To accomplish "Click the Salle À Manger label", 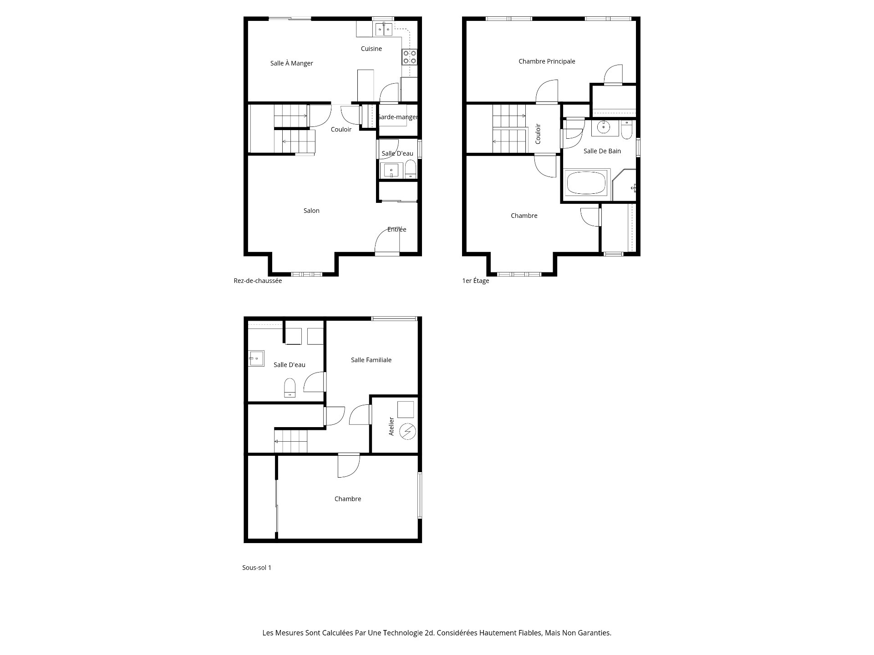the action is pyautogui.click(x=291, y=63).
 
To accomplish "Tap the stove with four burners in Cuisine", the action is pyautogui.click(x=409, y=57).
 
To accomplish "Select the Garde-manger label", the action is pyautogui.click(x=397, y=117).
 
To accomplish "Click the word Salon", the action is pyautogui.click(x=311, y=211).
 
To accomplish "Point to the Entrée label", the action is pyautogui.click(x=396, y=229).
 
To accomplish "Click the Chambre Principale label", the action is pyautogui.click(x=547, y=61).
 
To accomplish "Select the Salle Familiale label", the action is pyautogui.click(x=371, y=360).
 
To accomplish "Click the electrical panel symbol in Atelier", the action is pyautogui.click(x=407, y=431).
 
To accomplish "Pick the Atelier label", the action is pyautogui.click(x=391, y=426).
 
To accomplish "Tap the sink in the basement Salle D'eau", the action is pyautogui.click(x=256, y=358).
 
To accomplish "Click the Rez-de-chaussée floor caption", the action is pyautogui.click(x=258, y=281).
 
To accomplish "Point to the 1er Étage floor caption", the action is pyautogui.click(x=475, y=281).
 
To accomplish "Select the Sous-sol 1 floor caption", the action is pyautogui.click(x=257, y=568).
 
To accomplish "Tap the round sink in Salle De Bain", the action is pyautogui.click(x=605, y=128).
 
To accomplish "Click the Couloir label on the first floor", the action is pyautogui.click(x=538, y=134).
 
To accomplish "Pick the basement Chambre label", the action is pyautogui.click(x=348, y=499).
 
